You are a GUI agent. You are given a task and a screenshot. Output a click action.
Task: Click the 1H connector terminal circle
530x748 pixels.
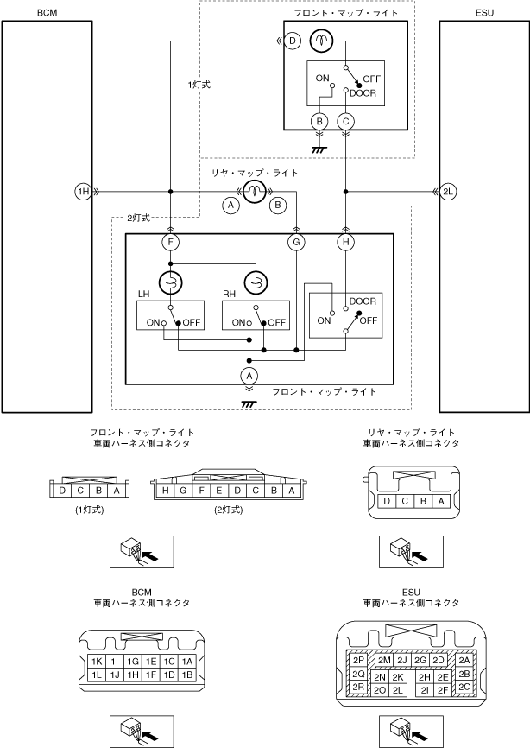(83, 192)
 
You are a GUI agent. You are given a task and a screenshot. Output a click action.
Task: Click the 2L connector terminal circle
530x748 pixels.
(447, 192)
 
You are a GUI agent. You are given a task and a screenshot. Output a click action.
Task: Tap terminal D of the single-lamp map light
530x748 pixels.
(293, 41)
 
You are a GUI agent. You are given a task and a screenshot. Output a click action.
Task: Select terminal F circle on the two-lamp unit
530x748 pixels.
(172, 244)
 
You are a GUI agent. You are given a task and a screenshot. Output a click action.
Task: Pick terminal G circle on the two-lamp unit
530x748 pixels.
(296, 244)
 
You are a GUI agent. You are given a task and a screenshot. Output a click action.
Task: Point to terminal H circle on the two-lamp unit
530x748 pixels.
(346, 244)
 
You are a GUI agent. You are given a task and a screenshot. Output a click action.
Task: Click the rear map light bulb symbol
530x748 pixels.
(254, 192)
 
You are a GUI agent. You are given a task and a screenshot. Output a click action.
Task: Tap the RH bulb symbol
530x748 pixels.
(256, 282)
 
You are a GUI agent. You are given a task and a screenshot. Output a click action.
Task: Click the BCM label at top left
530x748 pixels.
(47, 13)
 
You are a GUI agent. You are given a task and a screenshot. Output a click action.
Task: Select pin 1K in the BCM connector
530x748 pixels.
(97, 661)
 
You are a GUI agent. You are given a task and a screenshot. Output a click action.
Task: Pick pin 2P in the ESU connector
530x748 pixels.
(358, 659)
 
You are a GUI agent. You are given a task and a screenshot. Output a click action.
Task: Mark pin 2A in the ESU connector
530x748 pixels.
(464, 660)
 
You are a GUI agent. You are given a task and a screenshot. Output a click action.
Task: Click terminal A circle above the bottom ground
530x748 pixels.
(249, 376)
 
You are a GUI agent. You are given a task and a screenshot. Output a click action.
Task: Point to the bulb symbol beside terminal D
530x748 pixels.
(319, 40)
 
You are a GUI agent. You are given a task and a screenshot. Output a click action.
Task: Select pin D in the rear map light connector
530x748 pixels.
(388, 501)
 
